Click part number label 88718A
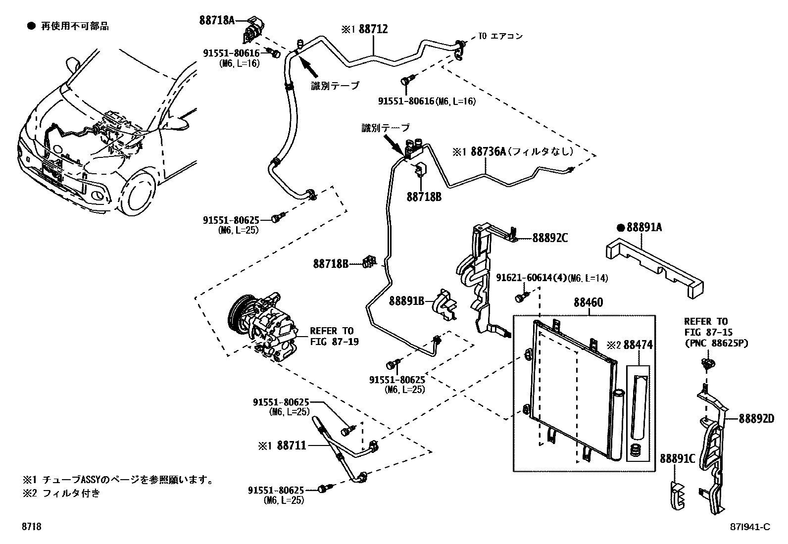(x=217, y=20)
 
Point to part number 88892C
(x=550, y=238)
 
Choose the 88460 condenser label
(x=589, y=302)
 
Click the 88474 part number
(x=638, y=345)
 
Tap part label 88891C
(x=678, y=459)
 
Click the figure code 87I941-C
(x=750, y=527)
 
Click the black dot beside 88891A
(x=620, y=228)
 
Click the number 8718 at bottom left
(x=31, y=527)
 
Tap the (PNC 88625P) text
(x=716, y=343)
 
